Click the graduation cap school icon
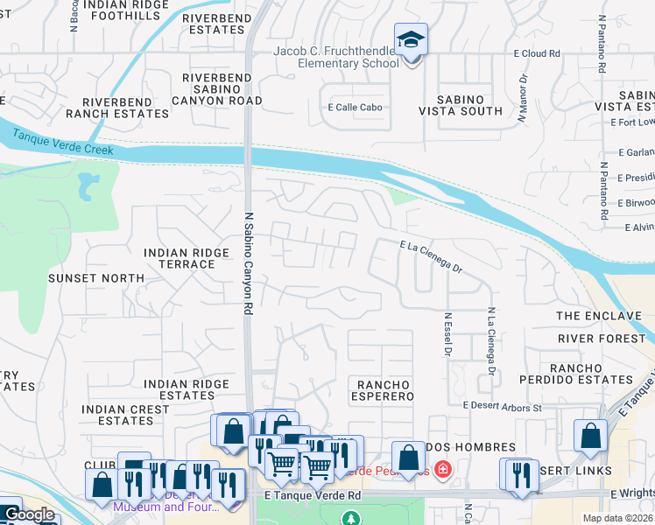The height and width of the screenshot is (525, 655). [410, 40]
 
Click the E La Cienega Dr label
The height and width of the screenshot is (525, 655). [430, 258]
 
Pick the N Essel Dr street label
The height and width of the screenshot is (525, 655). [447, 335]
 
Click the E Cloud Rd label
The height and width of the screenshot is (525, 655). [536, 53]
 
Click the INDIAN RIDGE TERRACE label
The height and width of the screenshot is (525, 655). [180, 258]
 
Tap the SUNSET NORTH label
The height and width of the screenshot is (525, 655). [109, 278]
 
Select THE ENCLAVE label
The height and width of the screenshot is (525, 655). [598, 316]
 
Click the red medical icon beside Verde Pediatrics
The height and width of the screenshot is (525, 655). [441, 471]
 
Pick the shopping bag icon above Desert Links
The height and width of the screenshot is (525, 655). [590, 436]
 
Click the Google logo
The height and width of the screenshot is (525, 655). [29, 514]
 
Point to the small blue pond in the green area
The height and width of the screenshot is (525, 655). [88, 185]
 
